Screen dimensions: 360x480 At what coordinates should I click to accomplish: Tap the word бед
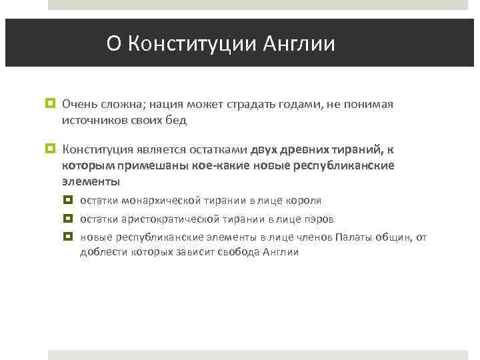[x=177, y=121]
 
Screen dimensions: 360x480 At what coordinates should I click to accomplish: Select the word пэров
[x=319, y=219]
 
